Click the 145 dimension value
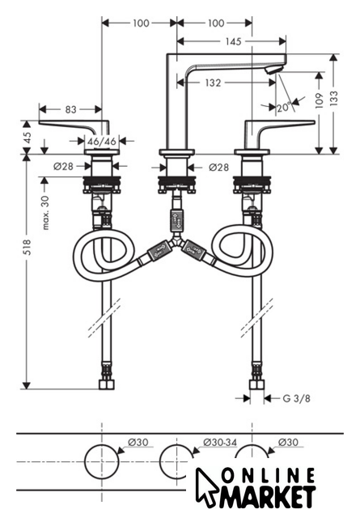(234, 41)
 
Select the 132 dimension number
(213, 83)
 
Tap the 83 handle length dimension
(70, 109)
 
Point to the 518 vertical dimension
(27, 247)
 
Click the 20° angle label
(284, 107)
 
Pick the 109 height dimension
(319, 100)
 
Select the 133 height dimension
(334, 98)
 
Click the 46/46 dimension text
(102, 142)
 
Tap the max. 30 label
(45, 212)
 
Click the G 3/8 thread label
(297, 398)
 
